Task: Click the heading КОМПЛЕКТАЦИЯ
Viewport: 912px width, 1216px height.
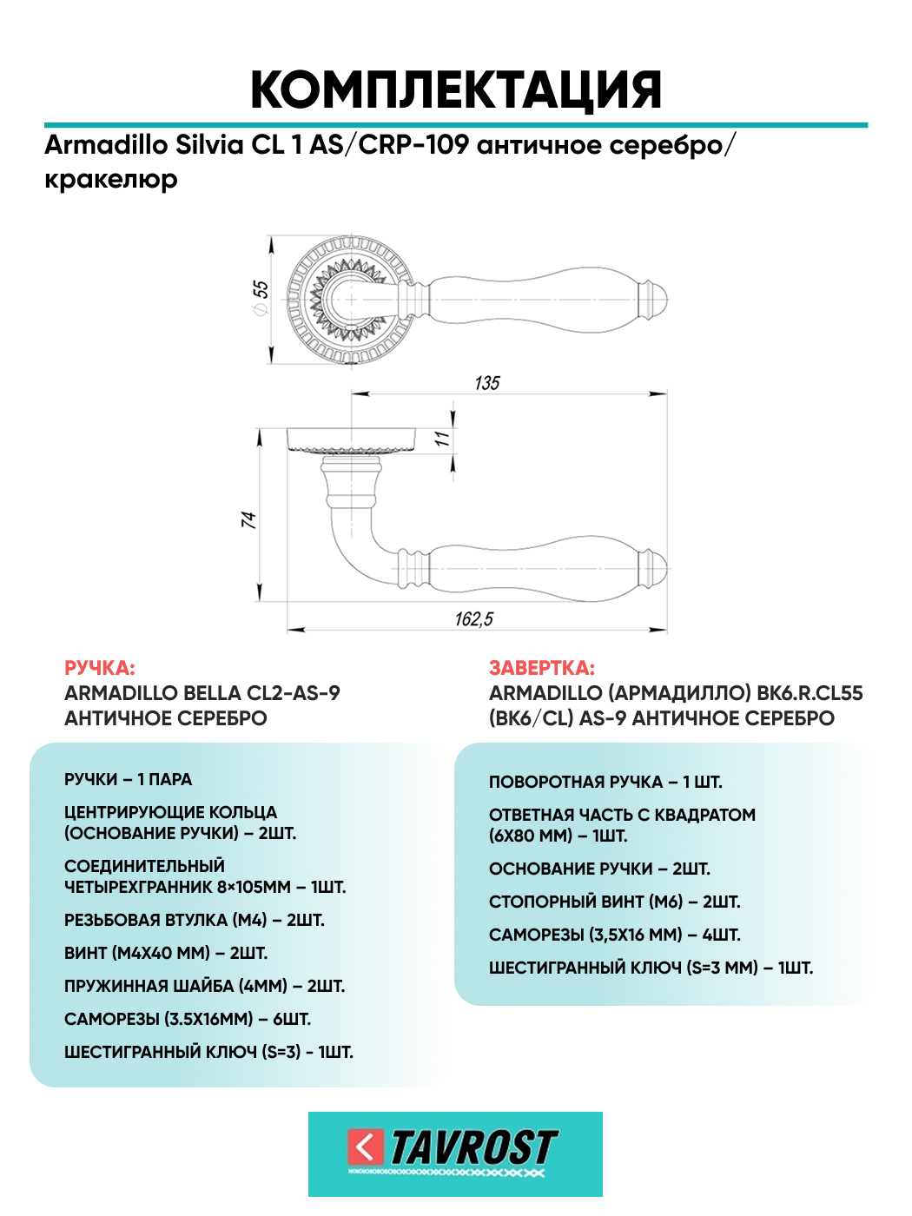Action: [456, 90]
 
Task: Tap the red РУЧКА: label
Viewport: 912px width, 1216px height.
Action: [100, 668]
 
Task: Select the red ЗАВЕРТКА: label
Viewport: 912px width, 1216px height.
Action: [542, 668]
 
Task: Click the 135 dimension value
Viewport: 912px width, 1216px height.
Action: [487, 383]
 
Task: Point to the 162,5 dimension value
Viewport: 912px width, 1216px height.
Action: [474, 618]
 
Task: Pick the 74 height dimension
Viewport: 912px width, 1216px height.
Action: [249, 519]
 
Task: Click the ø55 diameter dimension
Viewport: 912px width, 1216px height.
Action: [261, 297]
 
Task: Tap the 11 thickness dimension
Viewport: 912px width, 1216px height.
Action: [443, 439]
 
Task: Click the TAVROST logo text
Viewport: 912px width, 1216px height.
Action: [473, 1147]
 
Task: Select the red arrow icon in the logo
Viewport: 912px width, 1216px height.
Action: [365, 1147]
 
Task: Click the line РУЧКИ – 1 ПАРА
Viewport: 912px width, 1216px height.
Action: [129, 779]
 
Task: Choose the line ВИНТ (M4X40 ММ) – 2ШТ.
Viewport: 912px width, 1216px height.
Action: [166, 953]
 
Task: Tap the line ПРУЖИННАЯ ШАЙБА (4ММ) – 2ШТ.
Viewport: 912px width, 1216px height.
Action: [205, 986]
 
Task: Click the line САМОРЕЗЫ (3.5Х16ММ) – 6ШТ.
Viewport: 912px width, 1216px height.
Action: [188, 1019]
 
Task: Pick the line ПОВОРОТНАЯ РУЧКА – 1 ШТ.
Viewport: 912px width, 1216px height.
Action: [605, 782]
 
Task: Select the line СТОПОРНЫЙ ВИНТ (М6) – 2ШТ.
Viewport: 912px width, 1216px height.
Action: [615, 902]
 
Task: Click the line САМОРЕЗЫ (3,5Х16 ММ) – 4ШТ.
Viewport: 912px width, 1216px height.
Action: [615, 935]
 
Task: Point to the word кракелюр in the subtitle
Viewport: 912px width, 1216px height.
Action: [111, 180]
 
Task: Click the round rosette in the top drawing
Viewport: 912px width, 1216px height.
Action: [349, 299]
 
